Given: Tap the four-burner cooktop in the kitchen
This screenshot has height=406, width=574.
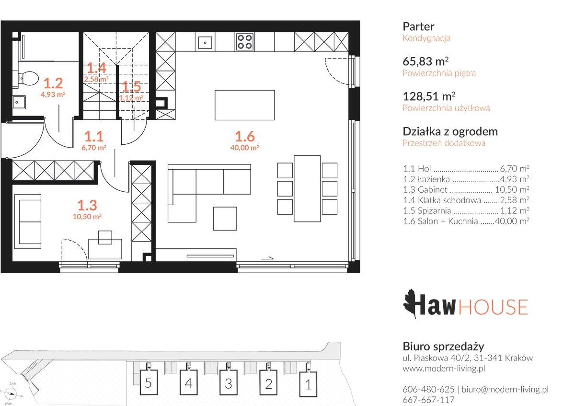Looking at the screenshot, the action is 244,42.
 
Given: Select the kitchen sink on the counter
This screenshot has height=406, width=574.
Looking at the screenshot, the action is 205,42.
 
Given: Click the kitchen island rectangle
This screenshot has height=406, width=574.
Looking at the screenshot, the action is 244,105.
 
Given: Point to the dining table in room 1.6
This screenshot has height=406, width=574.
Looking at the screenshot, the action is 308,188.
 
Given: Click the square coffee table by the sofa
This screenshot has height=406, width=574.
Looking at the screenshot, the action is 225,219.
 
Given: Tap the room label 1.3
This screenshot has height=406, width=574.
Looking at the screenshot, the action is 87,205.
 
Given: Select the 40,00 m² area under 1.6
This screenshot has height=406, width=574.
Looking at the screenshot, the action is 244,148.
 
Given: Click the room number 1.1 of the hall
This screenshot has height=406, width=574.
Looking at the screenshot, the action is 94,137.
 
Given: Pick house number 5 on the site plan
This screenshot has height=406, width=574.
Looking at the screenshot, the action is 148,383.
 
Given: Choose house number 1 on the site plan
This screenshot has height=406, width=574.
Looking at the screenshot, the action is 308,384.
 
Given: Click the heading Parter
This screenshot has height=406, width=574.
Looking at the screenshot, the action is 418,26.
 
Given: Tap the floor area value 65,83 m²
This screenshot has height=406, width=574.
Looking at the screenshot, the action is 426,61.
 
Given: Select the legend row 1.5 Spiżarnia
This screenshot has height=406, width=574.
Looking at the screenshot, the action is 466,210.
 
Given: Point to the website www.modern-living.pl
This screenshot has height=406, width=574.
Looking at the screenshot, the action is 444,368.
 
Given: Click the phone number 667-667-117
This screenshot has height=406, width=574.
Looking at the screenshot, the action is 428,400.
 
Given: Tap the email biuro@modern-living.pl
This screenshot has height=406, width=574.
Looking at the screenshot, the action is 505,390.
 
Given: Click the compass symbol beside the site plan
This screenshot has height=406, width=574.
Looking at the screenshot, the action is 11,394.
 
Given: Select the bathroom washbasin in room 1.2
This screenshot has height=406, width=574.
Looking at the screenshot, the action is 19,102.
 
